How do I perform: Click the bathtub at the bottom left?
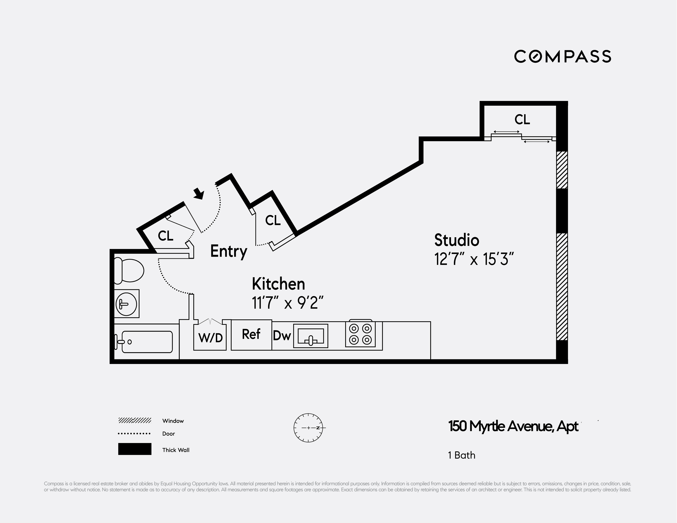(147, 342)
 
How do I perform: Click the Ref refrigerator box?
(251, 334)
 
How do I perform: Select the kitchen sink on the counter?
(311, 336)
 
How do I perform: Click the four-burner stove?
(360, 334)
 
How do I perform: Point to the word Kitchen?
(278, 284)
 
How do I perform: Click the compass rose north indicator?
(308, 428)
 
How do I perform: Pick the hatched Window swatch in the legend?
(135, 421)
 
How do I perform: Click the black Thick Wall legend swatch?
(135, 449)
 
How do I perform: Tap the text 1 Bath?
(461, 455)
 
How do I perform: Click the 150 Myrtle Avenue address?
(513, 427)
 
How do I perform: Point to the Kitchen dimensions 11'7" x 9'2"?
(288, 303)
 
